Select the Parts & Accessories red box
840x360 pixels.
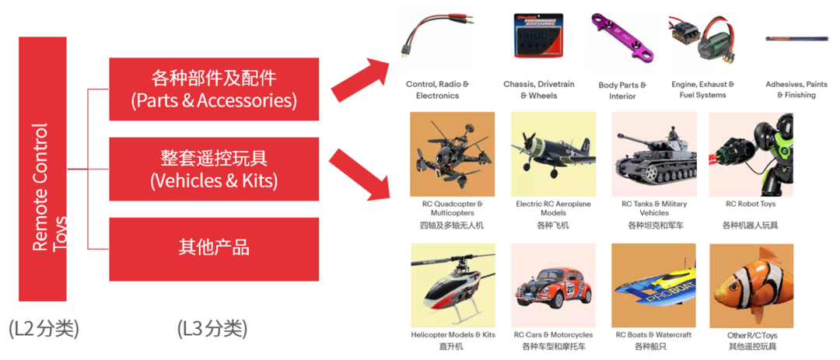pyautogui.click(x=214, y=89)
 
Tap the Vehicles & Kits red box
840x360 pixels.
pyautogui.click(x=214, y=169)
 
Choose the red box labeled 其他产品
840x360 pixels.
pyautogui.click(x=214, y=249)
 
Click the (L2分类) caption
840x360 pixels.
pyautogui.click(x=44, y=329)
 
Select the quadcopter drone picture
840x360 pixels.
pyautogui.click(x=452, y=154)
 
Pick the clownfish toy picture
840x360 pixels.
pyautogui.click(x=751, y=285)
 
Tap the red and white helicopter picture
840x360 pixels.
pyautogui.click(x=453, y=285)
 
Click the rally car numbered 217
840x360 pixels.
pyautogui.click(x=553, y=285)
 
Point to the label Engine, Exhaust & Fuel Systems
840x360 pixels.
pyautogui.click(x=702, y=89)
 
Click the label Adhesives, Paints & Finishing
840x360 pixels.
pyautogui.click(x=796, y=89)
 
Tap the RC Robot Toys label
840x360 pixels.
pyautogui.click(x=751, y=204)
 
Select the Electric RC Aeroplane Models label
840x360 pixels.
pyautogui.click(x=553, y=208)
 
